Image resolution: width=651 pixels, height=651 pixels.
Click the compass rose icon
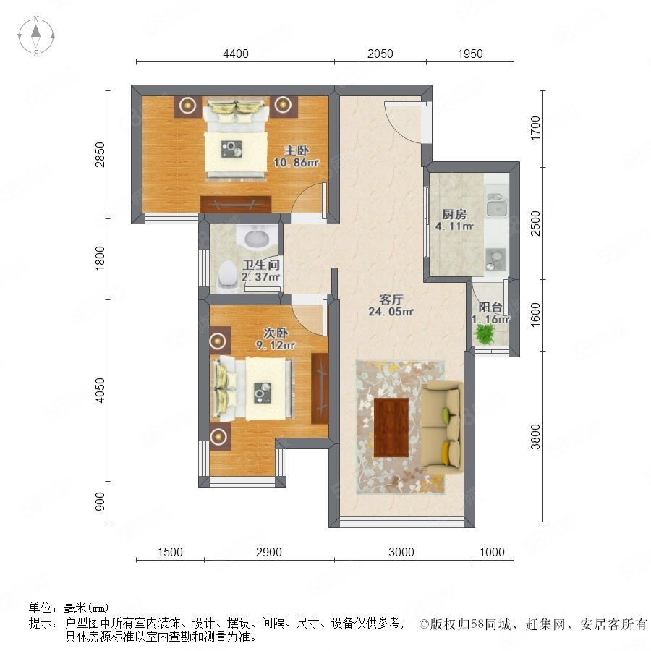click(36, 36)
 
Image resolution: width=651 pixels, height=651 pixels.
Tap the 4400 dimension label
click(236, 54)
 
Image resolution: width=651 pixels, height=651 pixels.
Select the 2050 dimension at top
click(380, 54)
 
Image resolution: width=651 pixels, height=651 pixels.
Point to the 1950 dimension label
click(470, 54)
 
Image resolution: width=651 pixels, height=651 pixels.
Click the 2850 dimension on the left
click(100, 155)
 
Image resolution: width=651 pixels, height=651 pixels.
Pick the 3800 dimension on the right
click(535, 437)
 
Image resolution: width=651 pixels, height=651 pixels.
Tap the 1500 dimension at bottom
click(170, 552)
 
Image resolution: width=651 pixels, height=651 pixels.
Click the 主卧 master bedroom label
click(297, 150)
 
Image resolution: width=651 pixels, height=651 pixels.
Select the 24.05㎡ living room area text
click(391, 311)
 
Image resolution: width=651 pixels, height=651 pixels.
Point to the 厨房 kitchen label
click(454, 214)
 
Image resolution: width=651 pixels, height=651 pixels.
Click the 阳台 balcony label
click(490, 307)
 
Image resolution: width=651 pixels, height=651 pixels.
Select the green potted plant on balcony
click(485, 334)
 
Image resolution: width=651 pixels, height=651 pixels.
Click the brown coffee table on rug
click(391, 427)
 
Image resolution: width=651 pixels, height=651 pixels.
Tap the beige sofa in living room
click(442, 428)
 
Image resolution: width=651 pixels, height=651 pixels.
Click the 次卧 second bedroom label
click(276, 333)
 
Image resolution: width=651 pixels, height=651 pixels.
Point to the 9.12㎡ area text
click(276, 345)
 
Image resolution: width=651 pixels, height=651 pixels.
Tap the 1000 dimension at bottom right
click(492, 552)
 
